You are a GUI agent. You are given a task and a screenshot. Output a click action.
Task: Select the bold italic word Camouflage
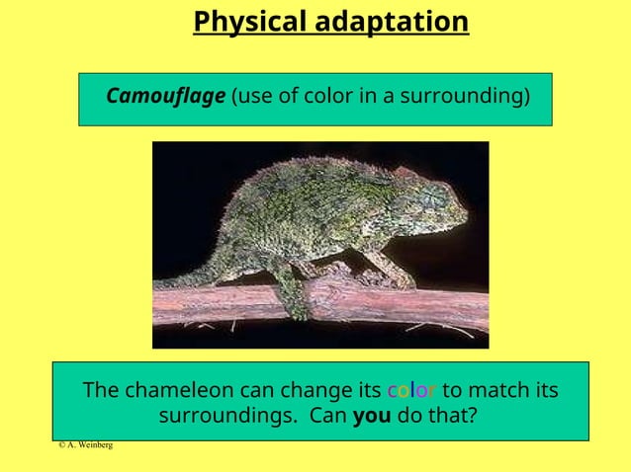(x=165, y=97)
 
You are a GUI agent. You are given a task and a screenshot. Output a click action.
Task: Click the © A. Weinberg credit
(x=85, y=445)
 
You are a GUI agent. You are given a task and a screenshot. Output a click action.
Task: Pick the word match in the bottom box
(x=505, y=390)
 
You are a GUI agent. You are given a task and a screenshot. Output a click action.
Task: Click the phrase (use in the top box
(x=248, y=97)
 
